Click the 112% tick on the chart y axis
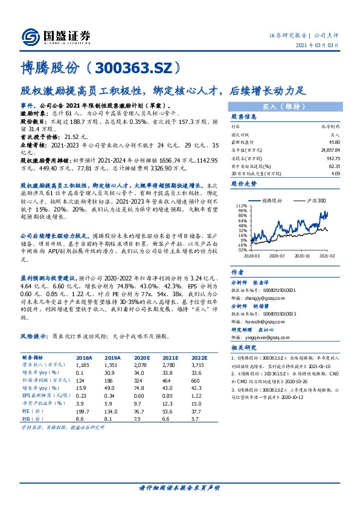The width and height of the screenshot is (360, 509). point(240,206)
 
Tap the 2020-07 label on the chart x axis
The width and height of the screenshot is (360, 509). point(277,256)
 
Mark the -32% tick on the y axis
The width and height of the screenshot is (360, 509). point(240,250)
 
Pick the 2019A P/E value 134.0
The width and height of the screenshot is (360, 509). point(127,409)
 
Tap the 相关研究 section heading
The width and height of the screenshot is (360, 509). point(242,348)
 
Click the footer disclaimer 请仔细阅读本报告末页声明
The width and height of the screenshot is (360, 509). point(179,487)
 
